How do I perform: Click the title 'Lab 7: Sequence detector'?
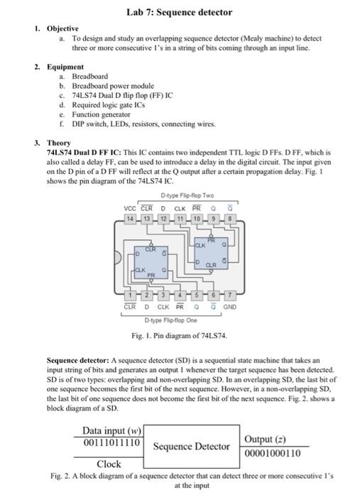coord(179,12)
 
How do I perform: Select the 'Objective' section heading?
coord(62,29)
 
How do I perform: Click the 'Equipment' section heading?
coord(64,65)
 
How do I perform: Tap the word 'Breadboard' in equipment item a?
coord(90,75)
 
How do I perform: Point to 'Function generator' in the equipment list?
coord(102,114)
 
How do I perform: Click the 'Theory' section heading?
coord(58,143)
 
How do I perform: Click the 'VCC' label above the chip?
coord(130,190)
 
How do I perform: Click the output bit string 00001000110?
coord(272,452)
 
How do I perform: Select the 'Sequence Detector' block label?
coord(192,447)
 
